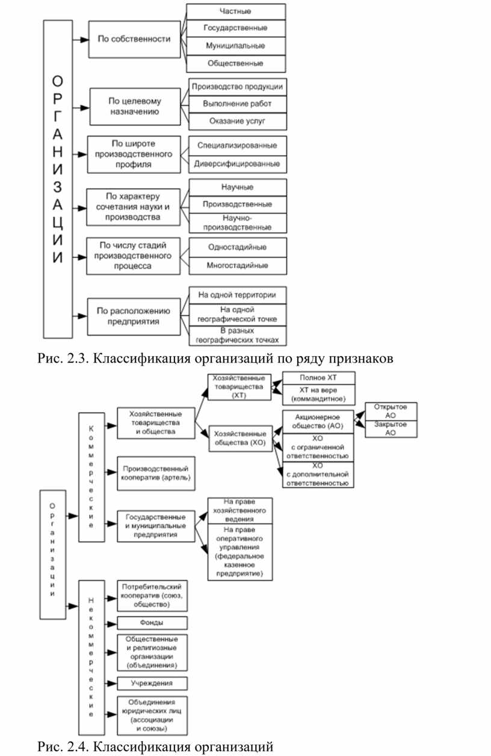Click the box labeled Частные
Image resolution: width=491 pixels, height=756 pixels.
pos(236,11)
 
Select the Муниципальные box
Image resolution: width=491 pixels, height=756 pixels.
pos(236,46)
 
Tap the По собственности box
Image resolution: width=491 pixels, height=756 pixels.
pos(134,39)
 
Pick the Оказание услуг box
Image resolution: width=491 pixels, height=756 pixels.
pos(238,121)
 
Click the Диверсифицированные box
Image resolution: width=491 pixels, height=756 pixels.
pos(238,164)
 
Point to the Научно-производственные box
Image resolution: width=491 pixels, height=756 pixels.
pos(238,223)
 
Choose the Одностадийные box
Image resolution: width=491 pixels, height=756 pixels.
pos(238,247)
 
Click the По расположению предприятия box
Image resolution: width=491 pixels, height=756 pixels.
pos(134,316)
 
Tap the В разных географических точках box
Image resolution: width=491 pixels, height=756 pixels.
pos(238,336)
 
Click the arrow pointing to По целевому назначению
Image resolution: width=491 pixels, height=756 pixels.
pos(81,108)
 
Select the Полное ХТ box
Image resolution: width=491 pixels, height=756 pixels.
pos(318,378)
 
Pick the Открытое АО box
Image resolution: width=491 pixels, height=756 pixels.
pos(391,411)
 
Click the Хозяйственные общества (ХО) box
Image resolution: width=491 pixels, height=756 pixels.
pos(240,438)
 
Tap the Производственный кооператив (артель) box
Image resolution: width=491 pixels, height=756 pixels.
pos(156,473)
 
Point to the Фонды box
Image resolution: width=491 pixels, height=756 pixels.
pos(152,623)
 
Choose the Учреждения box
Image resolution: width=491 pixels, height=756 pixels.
pos(152,683)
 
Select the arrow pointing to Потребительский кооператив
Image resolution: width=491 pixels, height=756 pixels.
pos(111,598)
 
